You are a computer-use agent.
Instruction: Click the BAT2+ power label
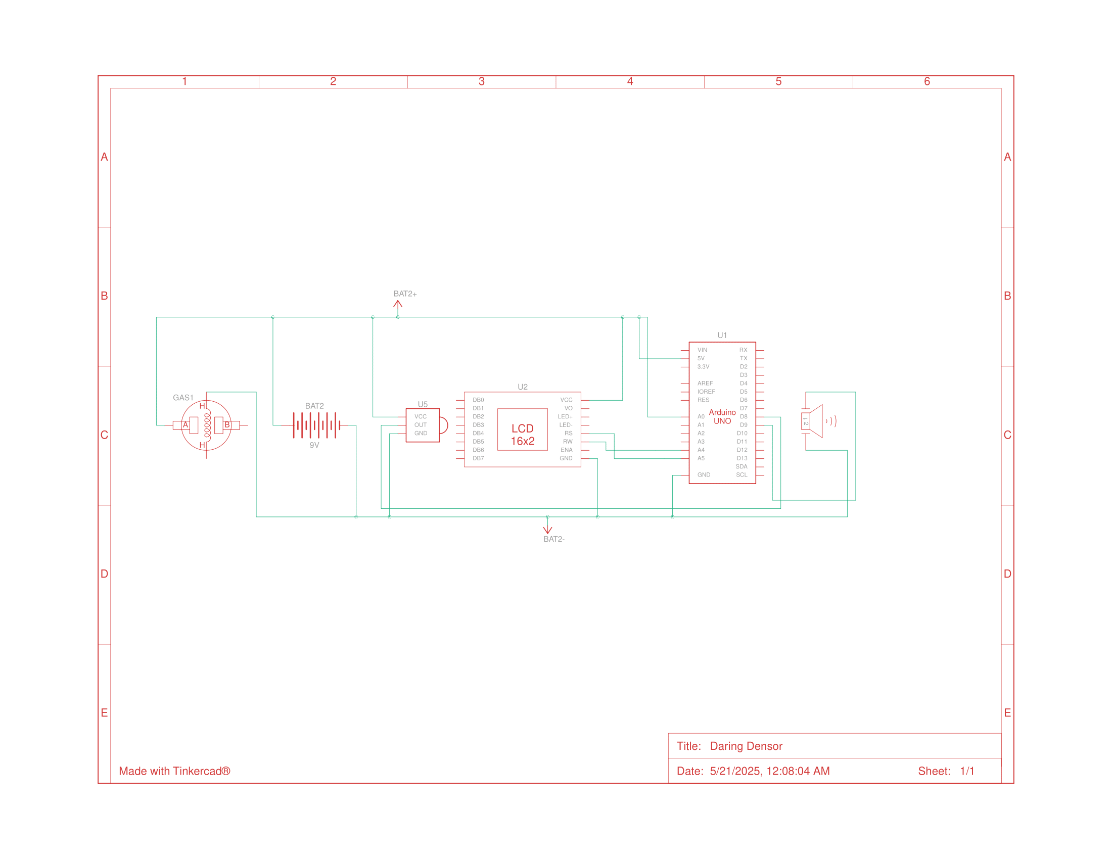click(x=405, y=294)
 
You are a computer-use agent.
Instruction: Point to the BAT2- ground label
click(x=553, y=539)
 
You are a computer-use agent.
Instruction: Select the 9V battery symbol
click(x=316, y=425)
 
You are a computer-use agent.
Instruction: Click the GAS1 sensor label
click(x=183, y=398)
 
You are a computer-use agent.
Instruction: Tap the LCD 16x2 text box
click(x=523, y=435)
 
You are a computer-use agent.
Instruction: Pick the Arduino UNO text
click(x=722, y=416)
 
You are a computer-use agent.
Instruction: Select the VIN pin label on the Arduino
click(x=702, y=350)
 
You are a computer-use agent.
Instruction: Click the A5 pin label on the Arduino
click(x=701, y=458)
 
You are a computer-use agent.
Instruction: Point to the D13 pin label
click(x=742, y=458)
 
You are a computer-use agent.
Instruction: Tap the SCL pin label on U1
click(x=742, y=475)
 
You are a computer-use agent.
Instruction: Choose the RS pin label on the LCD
click(x=568, y=434)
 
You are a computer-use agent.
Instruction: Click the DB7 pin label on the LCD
click(x=478, y=458)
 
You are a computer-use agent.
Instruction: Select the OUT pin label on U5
click(x=420, y=425)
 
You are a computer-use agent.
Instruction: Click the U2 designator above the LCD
click(x=523, y=387)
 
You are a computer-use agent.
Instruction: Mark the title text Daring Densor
click(x=746, y=746)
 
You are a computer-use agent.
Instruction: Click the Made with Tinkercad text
click(x=174, y=771)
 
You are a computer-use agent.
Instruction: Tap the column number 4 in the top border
click(x=630, y=81)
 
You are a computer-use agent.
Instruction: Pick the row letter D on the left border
click(x=105, y=574)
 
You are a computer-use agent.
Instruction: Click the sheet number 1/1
click(x=967, y=771)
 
